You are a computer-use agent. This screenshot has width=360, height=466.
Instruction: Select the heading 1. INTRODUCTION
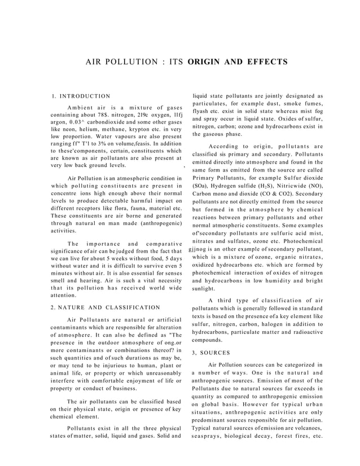pos(80,96)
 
